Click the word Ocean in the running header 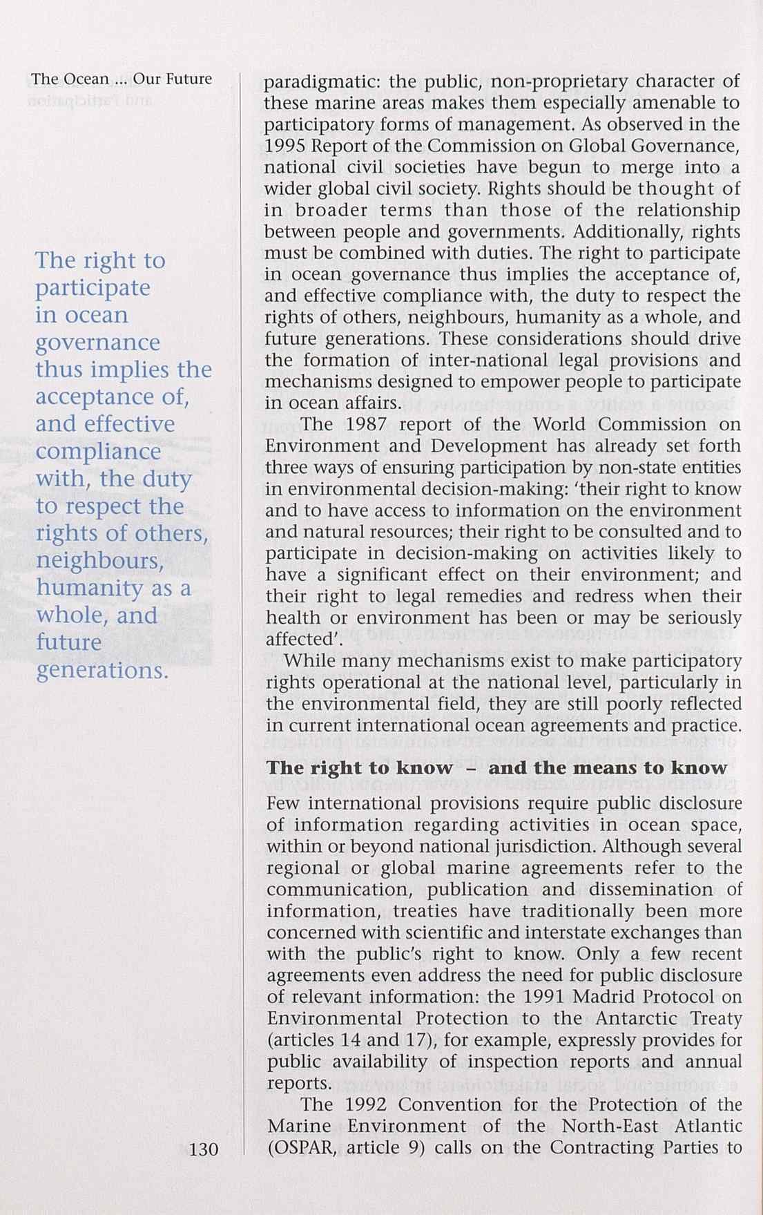point(86,79)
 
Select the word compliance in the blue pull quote point(98,451)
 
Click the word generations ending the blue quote point(101,671)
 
